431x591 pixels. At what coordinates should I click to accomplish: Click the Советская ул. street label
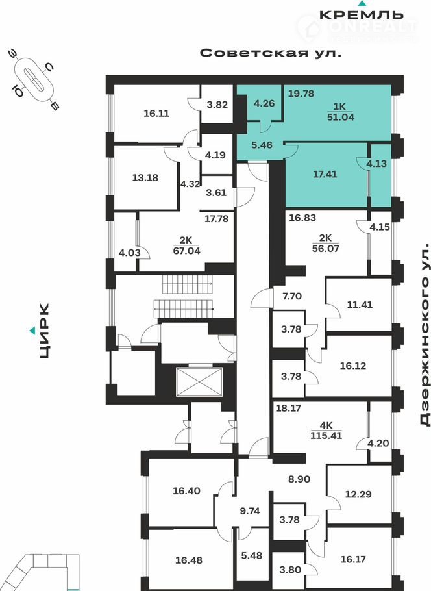coord(270,53)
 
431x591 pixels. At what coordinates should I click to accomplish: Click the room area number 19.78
coord(301,94)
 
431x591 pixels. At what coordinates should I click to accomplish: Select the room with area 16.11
coord(156,112)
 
